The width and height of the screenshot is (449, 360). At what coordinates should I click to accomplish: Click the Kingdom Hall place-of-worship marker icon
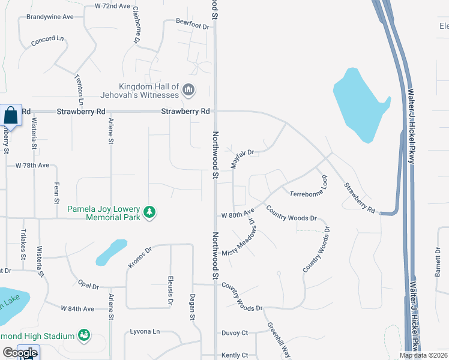pyautogui.click(x=188, y=90)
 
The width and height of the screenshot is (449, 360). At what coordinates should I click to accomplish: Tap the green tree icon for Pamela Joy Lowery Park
pyautogui.click(x=149, y=212)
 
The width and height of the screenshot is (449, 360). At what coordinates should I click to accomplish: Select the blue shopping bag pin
pyautogui.click(x=11, y=115)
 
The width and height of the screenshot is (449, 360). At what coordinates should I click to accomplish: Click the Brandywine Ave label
pyautogui.click(x=50, y=17)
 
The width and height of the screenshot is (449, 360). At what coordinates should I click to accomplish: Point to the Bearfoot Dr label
pyautogui.click(x=192, y=26)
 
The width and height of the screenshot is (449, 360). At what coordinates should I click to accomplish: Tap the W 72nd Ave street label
pyautogui.click(x=112, y=6)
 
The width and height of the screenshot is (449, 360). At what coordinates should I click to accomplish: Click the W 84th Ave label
pyautogui.click(x=77, y=308)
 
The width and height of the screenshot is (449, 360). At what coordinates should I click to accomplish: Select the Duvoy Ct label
pyautogui.click(x=235, y=332)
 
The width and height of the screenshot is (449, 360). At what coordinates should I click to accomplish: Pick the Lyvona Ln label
pyautogui.click(x=145, y=331)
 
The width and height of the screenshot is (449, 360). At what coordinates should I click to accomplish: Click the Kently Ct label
pyautogui.click(x=235, y=355)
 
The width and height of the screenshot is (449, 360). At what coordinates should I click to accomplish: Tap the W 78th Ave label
pyautogui.click(x=32, y=165)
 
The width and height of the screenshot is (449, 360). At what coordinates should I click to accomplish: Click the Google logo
pyautogui.click(x=20, y=353)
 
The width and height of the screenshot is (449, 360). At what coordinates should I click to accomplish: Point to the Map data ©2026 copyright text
pyautogui.click(x=423, y=355)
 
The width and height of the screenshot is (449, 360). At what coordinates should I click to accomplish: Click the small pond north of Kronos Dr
pyautogui.click(x=111, y=251)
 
